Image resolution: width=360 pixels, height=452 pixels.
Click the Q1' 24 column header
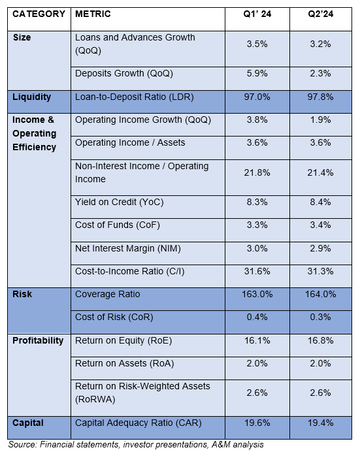(x=257, y=14)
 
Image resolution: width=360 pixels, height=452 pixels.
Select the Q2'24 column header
(x=321, y=14)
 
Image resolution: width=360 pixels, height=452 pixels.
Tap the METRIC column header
(x=93, y=14)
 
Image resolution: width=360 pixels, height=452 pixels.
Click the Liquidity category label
(x=32, y=97)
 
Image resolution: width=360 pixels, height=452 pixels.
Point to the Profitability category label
(x=38, y=340)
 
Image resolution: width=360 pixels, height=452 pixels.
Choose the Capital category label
(x=28, y=423)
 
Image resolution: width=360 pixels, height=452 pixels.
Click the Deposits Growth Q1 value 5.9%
(x=257, y=74)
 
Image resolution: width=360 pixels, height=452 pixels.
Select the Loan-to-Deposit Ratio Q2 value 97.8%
(x=321, y=97)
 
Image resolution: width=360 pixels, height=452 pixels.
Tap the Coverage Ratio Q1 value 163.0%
(x=257, y=294)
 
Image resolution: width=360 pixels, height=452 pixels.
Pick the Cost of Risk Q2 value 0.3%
(x=321, y=317)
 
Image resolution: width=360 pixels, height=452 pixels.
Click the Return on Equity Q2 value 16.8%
(x=321, y=340)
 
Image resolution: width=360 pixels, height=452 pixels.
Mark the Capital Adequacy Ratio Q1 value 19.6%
(x=257, y=423)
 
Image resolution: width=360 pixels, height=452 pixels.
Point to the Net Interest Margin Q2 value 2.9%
(x=321, y=248)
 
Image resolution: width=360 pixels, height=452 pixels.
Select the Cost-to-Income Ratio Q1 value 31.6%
(x=257, y=271)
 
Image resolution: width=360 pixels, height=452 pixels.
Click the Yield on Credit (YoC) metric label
(x=120, y=202)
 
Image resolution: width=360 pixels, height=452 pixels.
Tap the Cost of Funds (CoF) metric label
(x=118, y=225)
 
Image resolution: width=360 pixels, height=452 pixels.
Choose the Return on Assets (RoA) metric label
(x=125, y=364)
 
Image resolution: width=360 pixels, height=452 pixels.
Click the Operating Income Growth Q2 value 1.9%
(x=321, y=120)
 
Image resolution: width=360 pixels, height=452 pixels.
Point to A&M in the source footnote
(x=221, y=445)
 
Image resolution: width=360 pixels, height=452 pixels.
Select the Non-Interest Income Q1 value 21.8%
(x=257, y=172)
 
